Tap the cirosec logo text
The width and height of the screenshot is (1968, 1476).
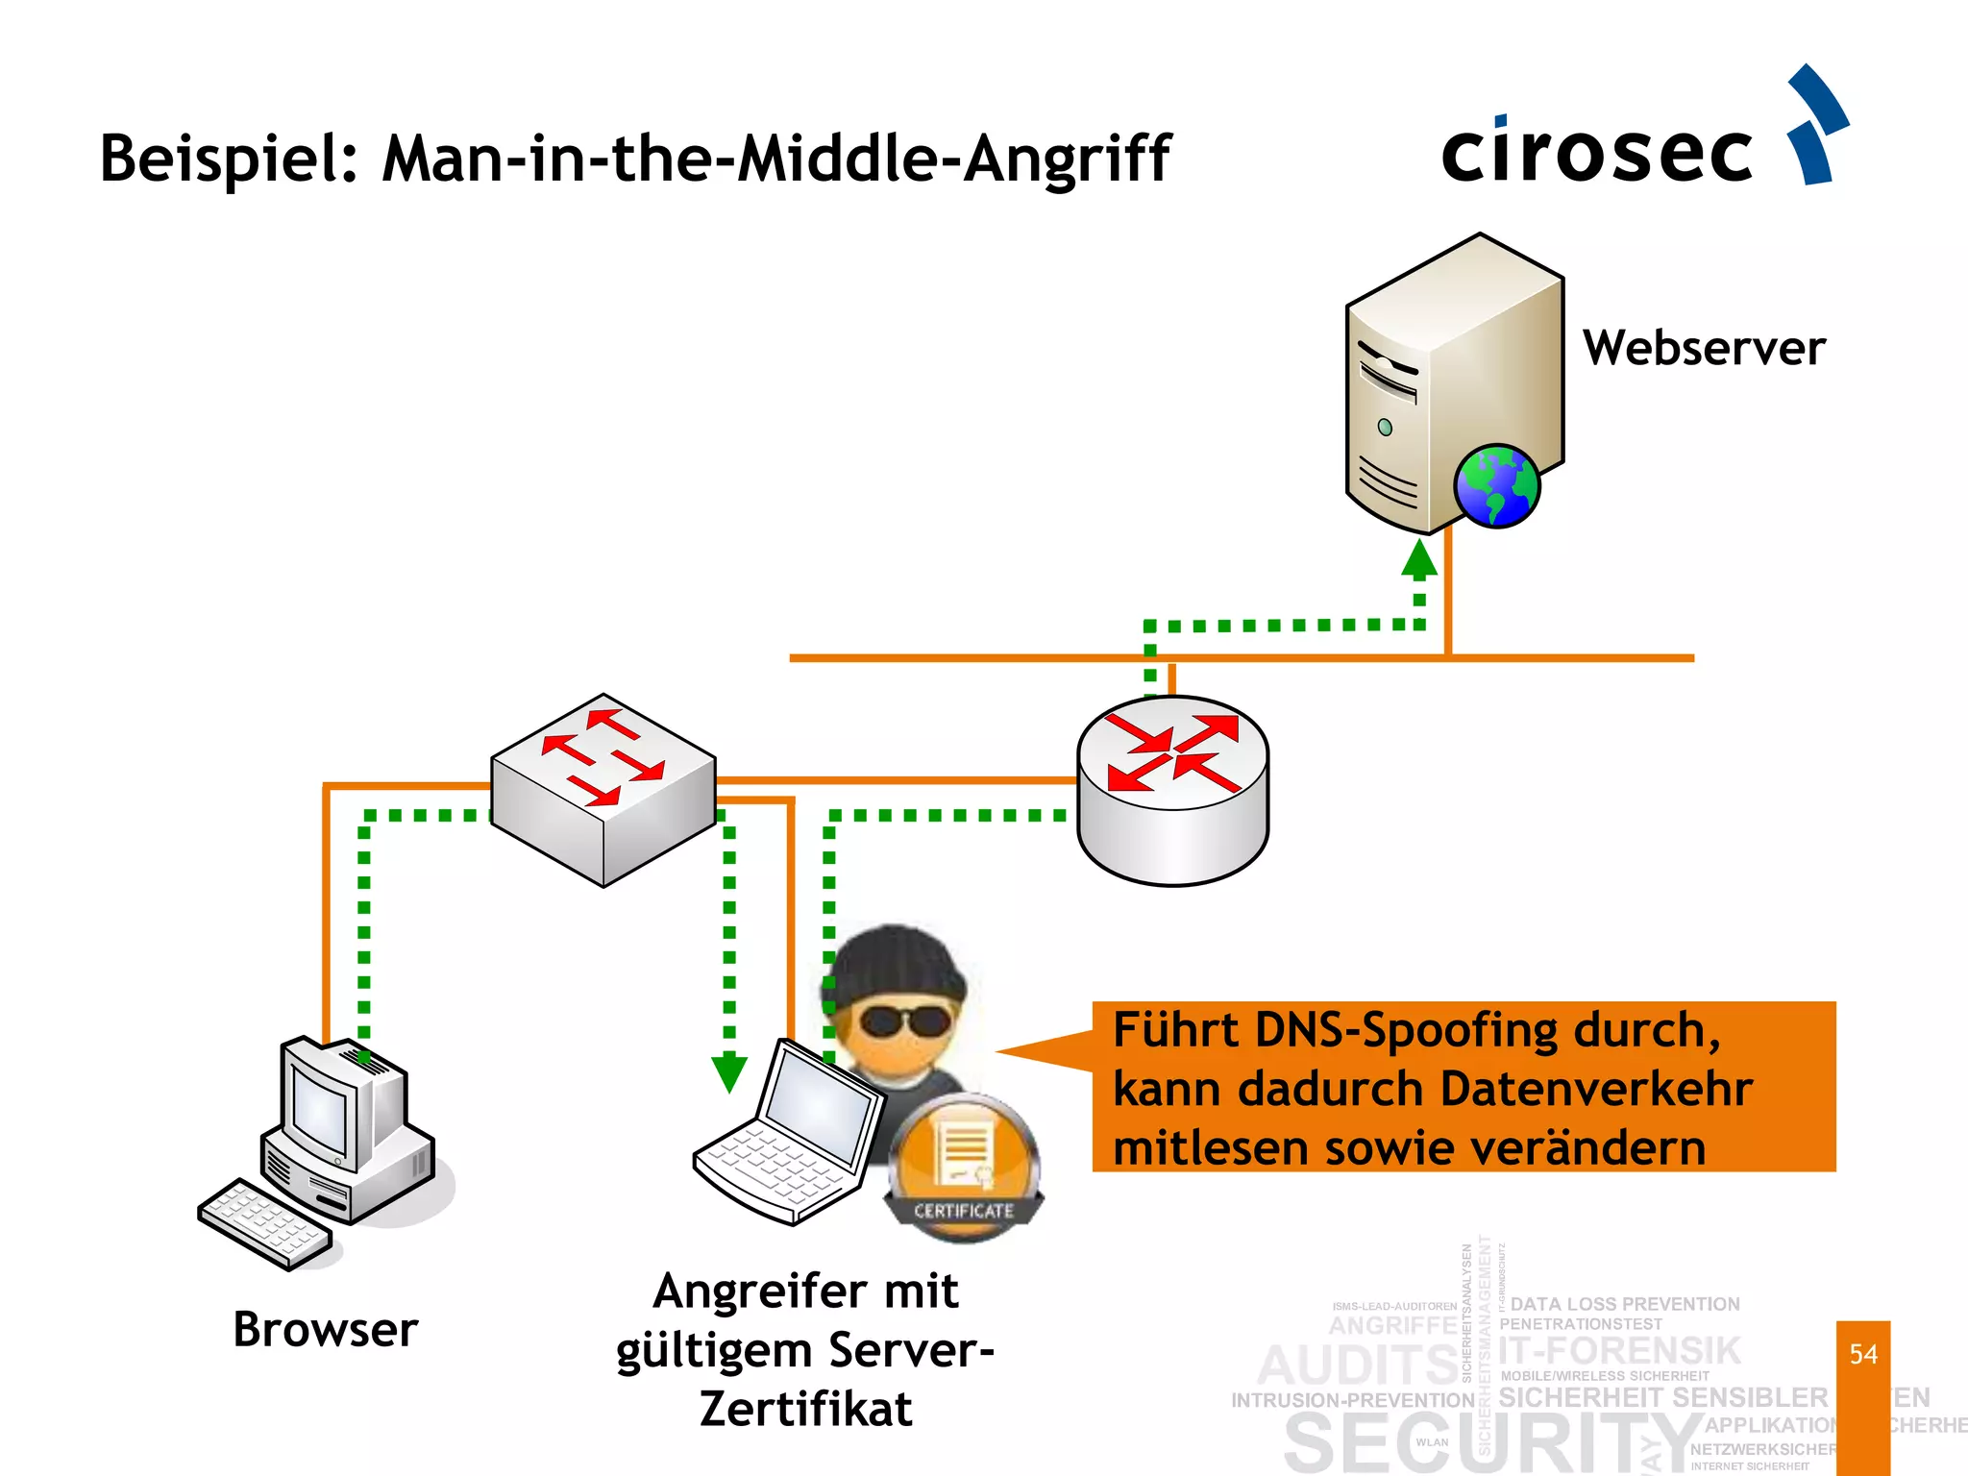point(1597,154)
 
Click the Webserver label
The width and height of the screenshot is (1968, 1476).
point(1704,348)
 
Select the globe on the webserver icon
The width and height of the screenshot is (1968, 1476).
point(1496,486)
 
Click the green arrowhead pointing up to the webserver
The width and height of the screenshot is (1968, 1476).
point(1419,558)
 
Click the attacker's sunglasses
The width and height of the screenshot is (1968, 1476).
point(903,1021)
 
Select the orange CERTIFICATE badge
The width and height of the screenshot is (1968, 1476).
point(964,1168)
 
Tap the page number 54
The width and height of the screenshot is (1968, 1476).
point(1863,1355)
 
